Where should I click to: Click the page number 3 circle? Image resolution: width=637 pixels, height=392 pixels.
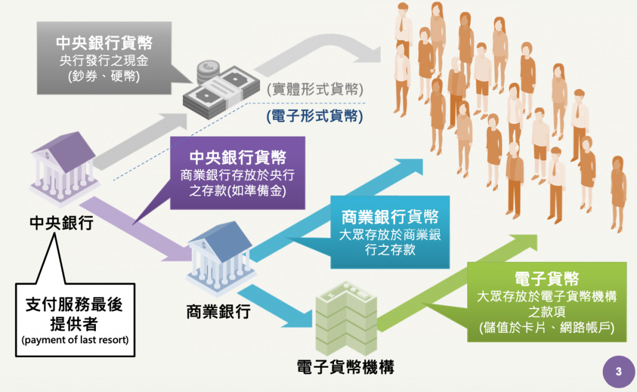618,371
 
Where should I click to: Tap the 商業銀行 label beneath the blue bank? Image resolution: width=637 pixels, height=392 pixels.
218,310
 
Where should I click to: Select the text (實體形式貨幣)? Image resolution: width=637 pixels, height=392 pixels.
314,89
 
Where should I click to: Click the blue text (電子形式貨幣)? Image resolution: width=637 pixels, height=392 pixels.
314,115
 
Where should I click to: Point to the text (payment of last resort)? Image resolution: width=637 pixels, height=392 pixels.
75,340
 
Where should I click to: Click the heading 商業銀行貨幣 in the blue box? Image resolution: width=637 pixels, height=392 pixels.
390,217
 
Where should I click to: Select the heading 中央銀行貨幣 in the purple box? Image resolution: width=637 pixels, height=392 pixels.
238,158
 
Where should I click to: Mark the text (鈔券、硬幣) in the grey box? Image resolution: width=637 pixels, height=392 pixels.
105,77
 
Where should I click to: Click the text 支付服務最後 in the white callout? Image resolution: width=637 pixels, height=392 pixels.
75,305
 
